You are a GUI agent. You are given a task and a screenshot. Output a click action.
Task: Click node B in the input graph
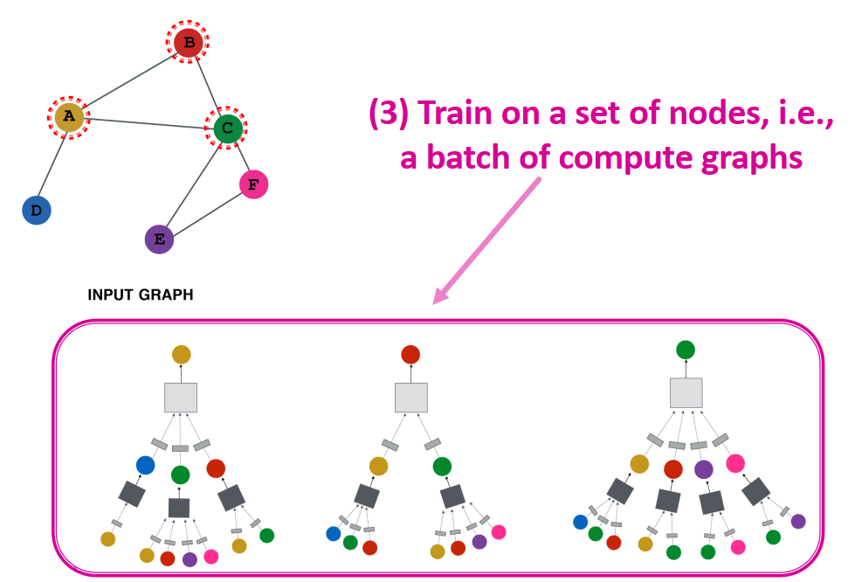click(189, 42)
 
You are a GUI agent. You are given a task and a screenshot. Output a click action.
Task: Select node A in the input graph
click(69, 116)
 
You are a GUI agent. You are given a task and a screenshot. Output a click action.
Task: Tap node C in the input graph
click(228, 128)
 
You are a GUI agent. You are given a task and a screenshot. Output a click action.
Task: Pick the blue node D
click(36, 211)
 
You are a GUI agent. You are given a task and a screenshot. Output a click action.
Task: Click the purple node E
click(159, 239)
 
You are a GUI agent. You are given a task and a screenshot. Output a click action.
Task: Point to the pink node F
click(253, 184)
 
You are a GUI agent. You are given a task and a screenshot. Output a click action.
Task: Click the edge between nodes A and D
click(52, 163)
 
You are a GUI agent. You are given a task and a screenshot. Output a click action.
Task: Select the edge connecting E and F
click(206, 211)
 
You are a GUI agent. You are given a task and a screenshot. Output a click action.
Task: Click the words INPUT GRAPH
click(140, 295)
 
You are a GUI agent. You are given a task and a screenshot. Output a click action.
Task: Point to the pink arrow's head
click(439, 298)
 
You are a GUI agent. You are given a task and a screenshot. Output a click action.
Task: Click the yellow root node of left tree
click(181, 354)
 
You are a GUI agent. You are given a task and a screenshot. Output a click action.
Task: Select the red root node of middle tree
click(410, 354)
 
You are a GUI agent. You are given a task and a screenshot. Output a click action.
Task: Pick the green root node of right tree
click(686, 350)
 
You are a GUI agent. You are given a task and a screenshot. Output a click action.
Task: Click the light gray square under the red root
click(410, 397)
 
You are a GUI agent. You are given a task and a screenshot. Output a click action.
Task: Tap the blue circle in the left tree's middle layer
click(145, 465)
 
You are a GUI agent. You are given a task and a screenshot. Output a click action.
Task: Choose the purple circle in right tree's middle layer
click(704, 468)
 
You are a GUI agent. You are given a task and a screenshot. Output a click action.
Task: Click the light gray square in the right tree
click(686, 392)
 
